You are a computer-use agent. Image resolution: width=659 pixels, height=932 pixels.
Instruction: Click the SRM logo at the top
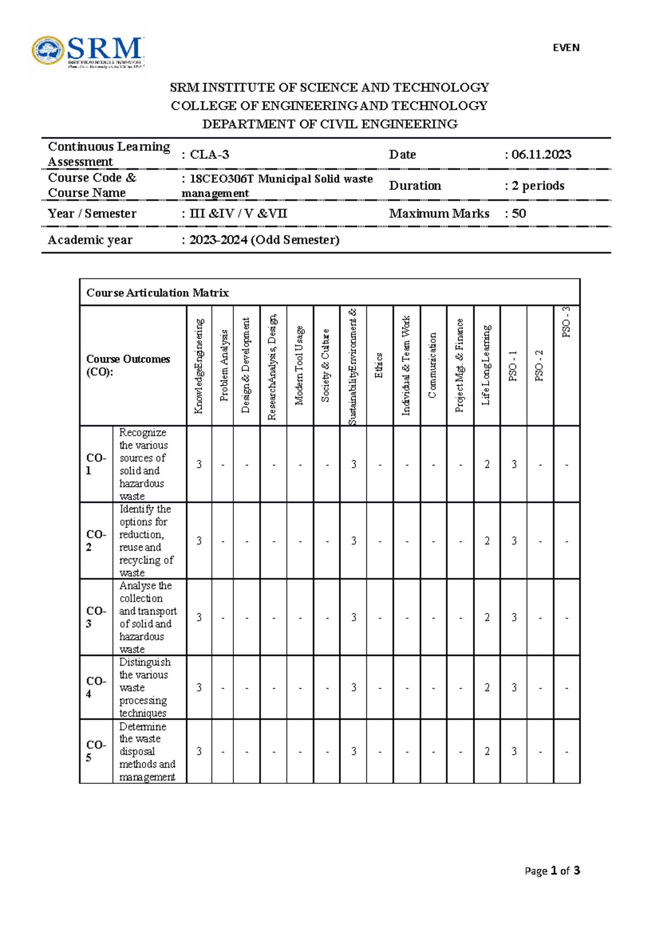[88, 52]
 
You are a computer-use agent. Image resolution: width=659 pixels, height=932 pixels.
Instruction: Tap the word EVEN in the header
[566, 48]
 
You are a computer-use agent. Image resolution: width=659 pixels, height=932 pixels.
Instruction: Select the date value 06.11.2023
[541, 155]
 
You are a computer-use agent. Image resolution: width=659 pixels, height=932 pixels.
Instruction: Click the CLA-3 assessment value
[209, 155]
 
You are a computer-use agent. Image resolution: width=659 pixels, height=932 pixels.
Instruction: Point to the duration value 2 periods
[538, 186]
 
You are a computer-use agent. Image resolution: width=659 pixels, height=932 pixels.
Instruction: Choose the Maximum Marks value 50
[518, 214]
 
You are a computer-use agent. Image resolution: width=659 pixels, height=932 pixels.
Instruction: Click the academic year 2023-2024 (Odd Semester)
[264, 240]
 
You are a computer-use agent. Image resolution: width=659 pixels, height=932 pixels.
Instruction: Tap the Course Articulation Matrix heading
[158, 293]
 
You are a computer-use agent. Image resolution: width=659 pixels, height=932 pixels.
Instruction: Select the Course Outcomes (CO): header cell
[128, 365]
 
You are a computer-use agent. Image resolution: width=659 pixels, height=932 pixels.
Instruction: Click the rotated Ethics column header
[379, 365]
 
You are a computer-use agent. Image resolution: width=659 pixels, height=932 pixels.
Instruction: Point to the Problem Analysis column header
[224, 365]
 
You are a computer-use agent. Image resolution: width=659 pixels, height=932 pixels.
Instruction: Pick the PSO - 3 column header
[566, 322]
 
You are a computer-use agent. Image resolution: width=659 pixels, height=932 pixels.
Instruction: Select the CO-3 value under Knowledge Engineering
[199, 617]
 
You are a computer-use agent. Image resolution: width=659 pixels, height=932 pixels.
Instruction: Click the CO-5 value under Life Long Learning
[487, 751]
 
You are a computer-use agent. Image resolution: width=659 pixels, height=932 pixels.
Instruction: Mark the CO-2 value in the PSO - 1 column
[513, 541]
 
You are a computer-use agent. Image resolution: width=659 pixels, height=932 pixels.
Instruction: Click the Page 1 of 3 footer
[552, 871]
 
